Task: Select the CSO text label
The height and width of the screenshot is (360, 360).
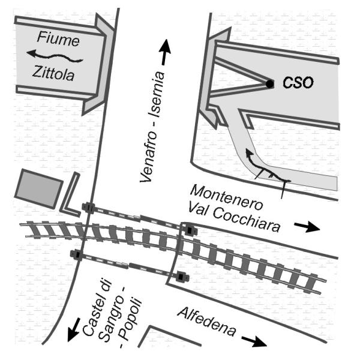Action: [x=298, y=83]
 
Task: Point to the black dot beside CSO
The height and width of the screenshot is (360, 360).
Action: [x=270, y=83]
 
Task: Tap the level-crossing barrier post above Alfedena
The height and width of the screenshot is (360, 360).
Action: [x=181, y=277]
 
